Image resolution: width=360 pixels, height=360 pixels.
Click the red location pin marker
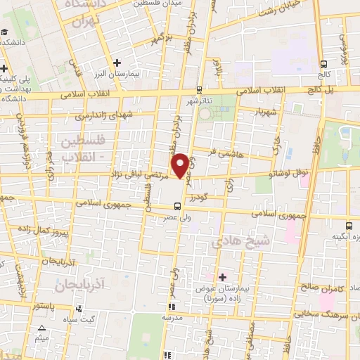tap(181, 165)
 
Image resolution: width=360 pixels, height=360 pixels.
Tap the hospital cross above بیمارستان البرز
tap(117, 63)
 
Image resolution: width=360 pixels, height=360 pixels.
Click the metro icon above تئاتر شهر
tap(199, 89)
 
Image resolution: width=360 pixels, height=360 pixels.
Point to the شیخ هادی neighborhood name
tap(235, 242)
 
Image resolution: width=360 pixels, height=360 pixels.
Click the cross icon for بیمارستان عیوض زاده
tap(223, 276)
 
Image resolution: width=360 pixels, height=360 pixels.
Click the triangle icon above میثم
tap(41, 328)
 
